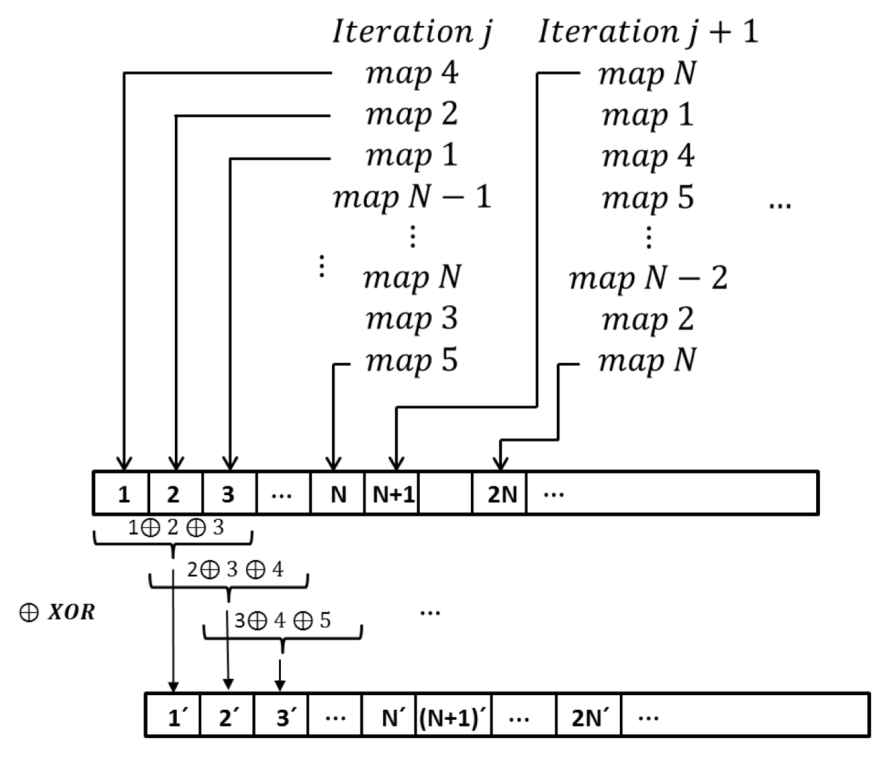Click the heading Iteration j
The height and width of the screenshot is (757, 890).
(411, 32)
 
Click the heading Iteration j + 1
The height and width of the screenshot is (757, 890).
(648, 32)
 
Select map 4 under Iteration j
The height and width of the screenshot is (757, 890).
(412, 73)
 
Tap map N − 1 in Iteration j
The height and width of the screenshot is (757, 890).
(412, 197)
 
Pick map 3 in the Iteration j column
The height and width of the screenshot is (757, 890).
(412, 319)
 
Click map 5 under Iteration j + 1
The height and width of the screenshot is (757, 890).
(648, 197)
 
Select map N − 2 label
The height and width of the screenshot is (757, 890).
(648, 278)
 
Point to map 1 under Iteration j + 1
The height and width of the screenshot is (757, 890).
(648, 115)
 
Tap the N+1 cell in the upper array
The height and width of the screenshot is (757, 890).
(393, 493)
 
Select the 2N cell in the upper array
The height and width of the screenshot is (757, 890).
(501, 493)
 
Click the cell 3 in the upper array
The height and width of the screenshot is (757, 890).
(228, 493)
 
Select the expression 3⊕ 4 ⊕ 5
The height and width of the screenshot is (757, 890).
(282, 621)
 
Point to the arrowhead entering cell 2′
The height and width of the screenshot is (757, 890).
(228, 684)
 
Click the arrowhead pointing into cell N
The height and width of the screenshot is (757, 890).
(334, 464)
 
